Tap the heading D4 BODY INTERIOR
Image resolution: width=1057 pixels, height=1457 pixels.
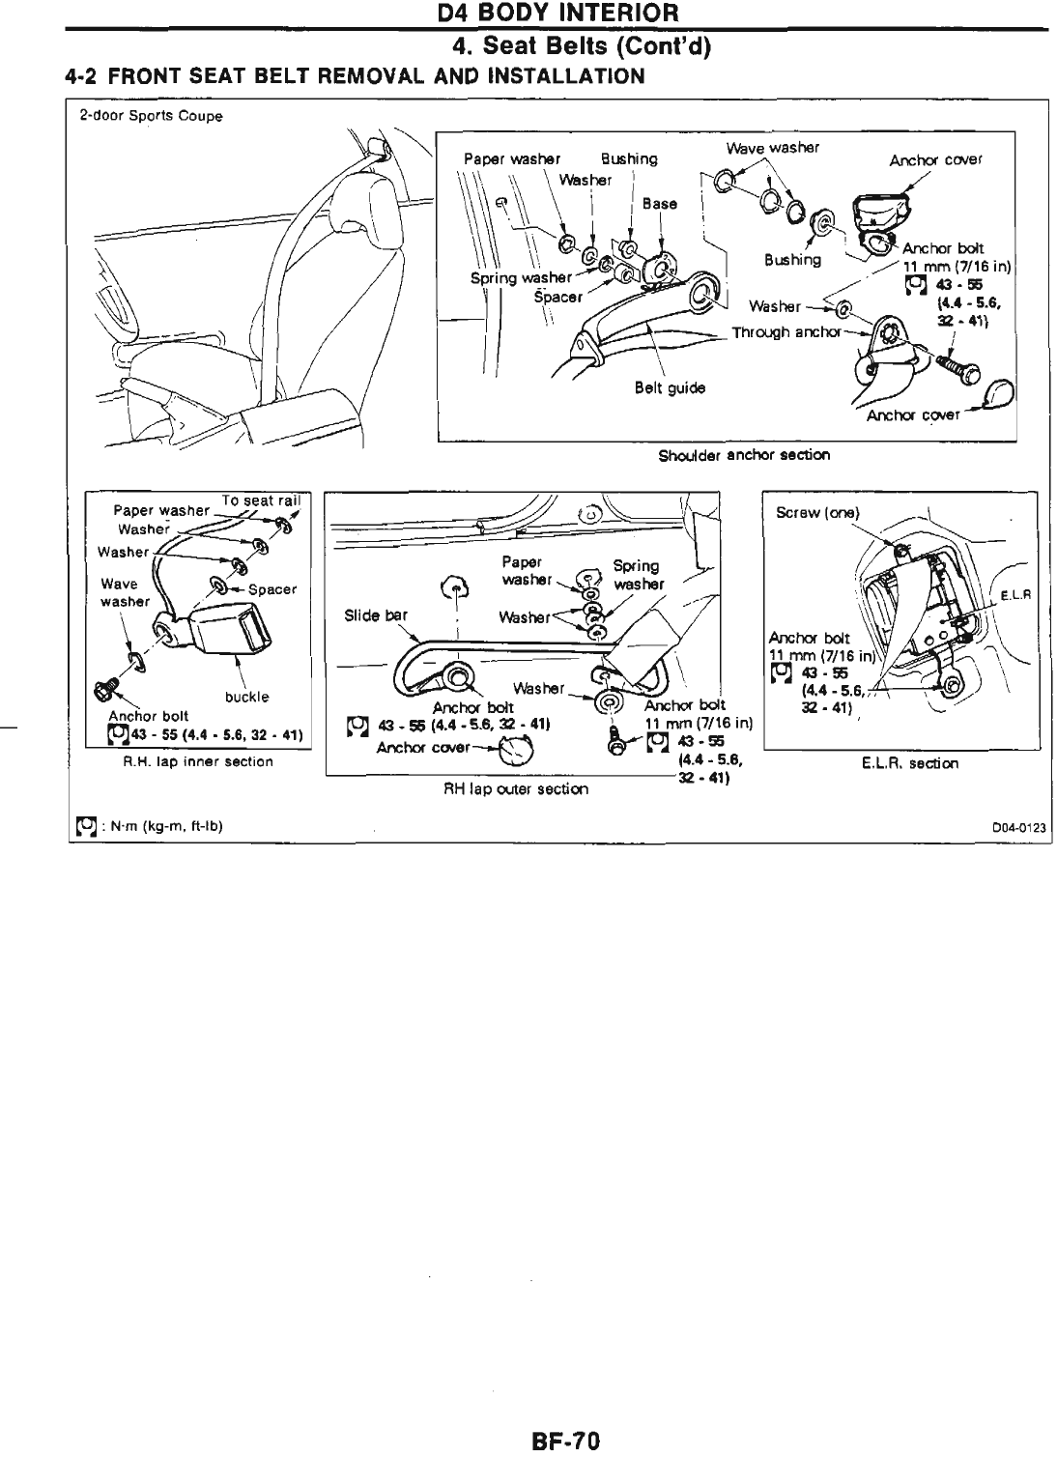click(557, 14)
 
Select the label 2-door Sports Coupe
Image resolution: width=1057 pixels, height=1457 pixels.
click(151, 116)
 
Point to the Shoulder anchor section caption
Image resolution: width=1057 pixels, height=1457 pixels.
click(744, 455)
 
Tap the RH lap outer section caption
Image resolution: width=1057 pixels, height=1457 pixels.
click(515, 788)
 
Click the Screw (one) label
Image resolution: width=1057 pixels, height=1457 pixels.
click(817, 513)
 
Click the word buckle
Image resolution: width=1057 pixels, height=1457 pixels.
click(246, 697)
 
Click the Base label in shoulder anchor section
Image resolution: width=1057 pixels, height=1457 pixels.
click(660, 204)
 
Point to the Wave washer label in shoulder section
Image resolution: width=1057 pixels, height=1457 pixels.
click(772, 148)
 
